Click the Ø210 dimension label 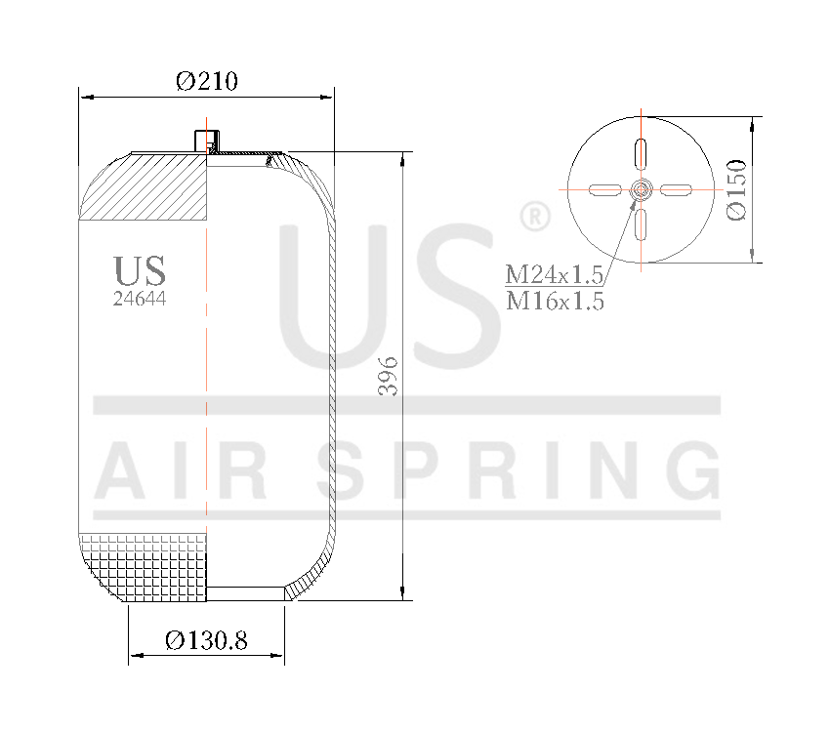coord(207,81)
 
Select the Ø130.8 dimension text coord(206,640)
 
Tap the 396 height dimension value coord(389,376)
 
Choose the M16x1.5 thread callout coord(554,302)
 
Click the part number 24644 coord(140,300)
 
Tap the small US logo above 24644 coord(140,270)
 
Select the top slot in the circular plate coord(641,153)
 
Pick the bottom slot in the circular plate coord(641,224)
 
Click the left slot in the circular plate coord(605,189)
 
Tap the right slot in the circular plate coord(676,189)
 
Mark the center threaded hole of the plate coord(641,189)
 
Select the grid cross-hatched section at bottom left coord(146,566)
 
